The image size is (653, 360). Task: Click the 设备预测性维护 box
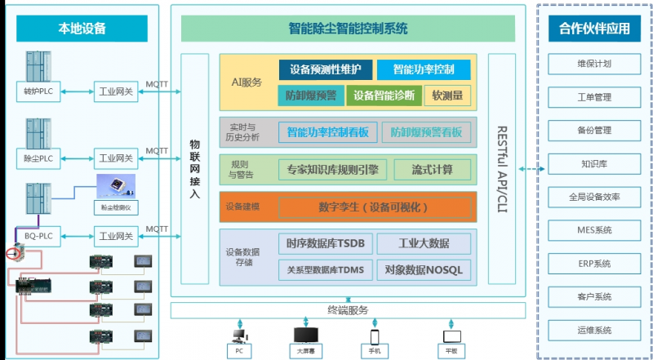click(x=325, y=69)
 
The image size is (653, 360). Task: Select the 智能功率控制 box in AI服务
click(x=424, y=69)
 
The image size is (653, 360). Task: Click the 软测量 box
click(x=451, y=96)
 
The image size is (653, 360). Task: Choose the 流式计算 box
click(x=433, y=170)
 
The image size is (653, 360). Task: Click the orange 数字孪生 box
click(x=375, y=207)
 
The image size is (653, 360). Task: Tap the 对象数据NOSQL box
click(x=424, y=269)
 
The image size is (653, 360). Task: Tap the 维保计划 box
click(x=594, y=64)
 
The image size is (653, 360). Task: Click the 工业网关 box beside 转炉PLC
click(x=114, y=91)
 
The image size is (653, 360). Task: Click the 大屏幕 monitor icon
click(x=304, y=336)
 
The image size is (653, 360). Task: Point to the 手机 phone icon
click(x=375, y=336)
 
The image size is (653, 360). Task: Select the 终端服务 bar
click(x=348, y=310)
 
